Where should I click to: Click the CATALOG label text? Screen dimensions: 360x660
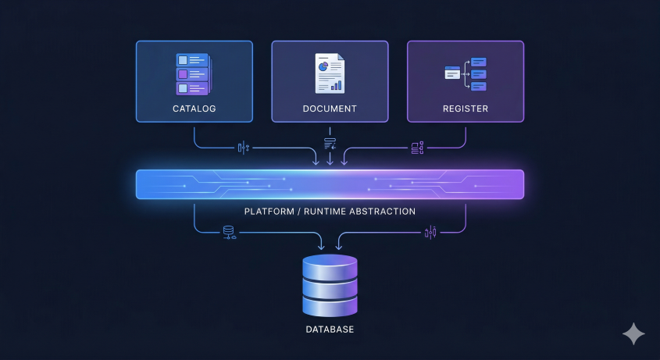click(194, 109)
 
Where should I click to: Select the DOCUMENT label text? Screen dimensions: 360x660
click(330, 109)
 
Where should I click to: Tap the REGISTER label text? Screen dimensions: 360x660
click(466, 109)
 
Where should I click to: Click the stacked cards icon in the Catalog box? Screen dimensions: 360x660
click(193, 74)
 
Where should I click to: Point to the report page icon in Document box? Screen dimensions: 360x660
click(329, 73)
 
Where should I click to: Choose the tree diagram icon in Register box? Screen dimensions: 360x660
click(466, 73)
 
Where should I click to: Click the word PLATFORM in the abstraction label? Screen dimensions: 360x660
click(269, 212)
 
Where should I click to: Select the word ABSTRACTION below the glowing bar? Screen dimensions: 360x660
click(381, 212)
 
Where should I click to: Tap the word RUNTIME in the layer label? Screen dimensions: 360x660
click(323, 212)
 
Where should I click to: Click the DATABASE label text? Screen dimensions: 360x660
click(330, 330)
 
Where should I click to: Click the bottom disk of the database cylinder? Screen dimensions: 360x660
click(330, 304)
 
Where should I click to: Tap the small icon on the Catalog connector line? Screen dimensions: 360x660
click(243, 147)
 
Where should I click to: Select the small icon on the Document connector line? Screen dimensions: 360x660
click(330, 144)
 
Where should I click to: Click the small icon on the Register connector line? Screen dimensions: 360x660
click(416, 147)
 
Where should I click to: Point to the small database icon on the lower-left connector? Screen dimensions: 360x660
click(229, 233)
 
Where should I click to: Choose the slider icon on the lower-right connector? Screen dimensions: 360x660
click(430, 232)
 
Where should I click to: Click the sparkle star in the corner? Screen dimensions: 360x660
click(633, 333)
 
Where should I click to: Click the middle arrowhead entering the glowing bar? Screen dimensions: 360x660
click(330, 162)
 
